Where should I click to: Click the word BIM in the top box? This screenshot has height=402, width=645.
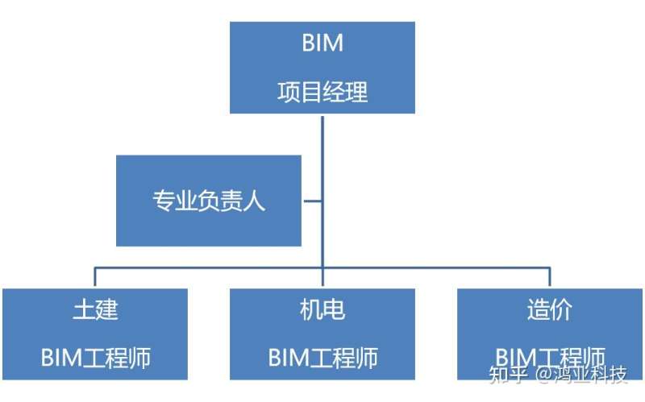click(322, 43)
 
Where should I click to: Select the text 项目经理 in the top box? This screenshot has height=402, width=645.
click(322, 92)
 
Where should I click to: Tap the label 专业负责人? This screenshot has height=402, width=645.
click(209, 201)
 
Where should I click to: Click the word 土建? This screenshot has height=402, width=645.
click(95, 309)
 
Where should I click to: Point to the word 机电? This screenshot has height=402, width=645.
click(322, 309)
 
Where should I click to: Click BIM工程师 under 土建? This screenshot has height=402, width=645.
click(95, 357)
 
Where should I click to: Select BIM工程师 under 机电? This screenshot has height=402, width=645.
click(322, 357)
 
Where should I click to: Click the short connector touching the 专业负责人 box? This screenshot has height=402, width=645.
click(312, 201)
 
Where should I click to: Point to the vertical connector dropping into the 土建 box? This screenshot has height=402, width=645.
click(95, 277)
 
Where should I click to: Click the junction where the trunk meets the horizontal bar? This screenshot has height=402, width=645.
click(322, 267)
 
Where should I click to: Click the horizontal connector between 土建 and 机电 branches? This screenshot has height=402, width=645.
click(209, 267)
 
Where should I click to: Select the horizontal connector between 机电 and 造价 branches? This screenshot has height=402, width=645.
click(435, 267)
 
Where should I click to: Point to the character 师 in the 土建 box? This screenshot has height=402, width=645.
click(140, 357)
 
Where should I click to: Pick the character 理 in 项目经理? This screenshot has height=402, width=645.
click(356, 92)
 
